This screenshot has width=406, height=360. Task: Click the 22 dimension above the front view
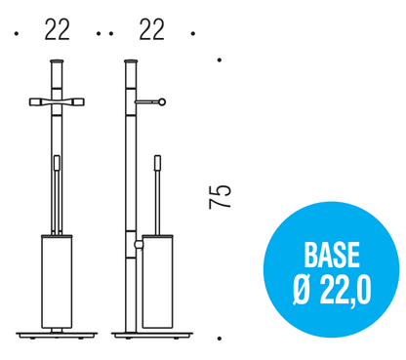(x=58, y=29)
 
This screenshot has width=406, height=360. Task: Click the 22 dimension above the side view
(x=151, y=29)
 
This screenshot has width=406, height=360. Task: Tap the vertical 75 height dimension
(x=220, y=196)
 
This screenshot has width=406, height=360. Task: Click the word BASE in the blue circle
(x=332, y=255)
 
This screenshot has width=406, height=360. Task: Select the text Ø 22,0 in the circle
(x=332, y=291)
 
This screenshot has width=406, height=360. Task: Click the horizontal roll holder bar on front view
(x=57, y=101)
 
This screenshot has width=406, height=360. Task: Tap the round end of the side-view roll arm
(x=162, y=102)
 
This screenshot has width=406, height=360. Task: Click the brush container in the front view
(x=57, y=281)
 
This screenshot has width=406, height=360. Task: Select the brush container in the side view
(x=158, y=281)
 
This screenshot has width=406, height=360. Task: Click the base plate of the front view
(x=57, y=335)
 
